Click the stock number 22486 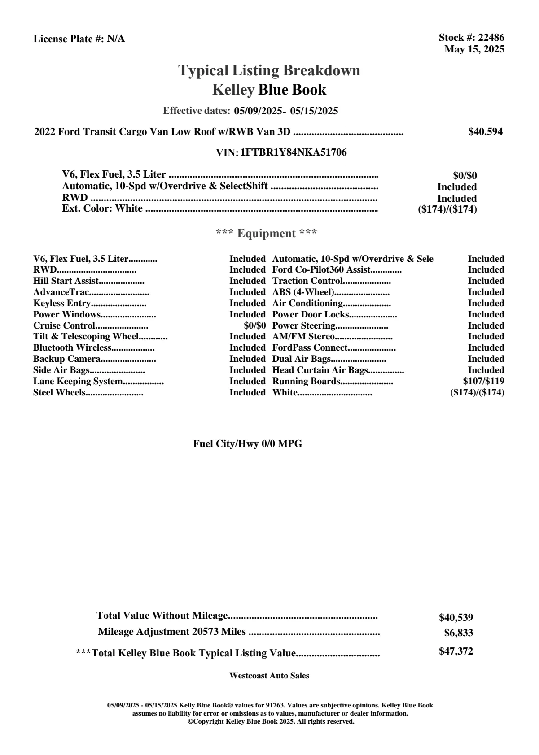[x=491, y=38]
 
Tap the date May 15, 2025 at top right [x=474, y=49]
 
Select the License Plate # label [x=69, y=39]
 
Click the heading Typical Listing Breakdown [x=269, y=70]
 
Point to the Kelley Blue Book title [x=269, y=90]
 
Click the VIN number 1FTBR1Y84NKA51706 [x=294, y=152]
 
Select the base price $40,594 [x=485, y=132]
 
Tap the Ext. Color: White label [x=102, y=208]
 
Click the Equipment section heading [x=267, y=233]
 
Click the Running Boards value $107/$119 [x=483, y=381]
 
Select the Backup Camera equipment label [x=67, y=359]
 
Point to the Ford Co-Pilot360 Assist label [x=321, y=270]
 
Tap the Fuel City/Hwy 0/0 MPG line [x=248, y=444]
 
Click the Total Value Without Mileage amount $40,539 [x=456, y=617]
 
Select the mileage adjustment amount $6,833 [x=458, y=633]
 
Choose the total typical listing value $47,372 [x=456, y=651]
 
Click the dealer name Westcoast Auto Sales [x=269, y=675]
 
